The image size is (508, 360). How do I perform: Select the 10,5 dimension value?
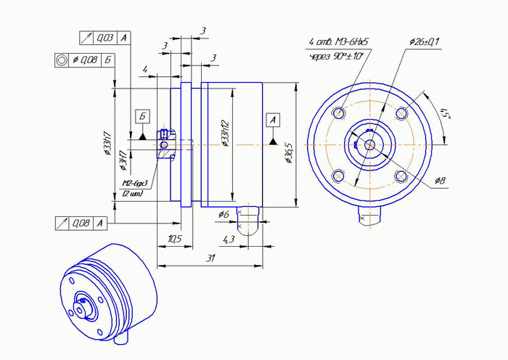click(174, 239)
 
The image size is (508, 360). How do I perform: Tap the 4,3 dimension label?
click(228, 239)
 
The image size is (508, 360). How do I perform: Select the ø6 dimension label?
click(224, 215)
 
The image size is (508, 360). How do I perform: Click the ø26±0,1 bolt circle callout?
click(425, 41)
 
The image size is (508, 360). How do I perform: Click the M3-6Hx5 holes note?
click(339, 42)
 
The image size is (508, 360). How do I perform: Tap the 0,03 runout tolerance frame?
click(105, 37)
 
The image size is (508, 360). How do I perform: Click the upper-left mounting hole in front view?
click(339, 113)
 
